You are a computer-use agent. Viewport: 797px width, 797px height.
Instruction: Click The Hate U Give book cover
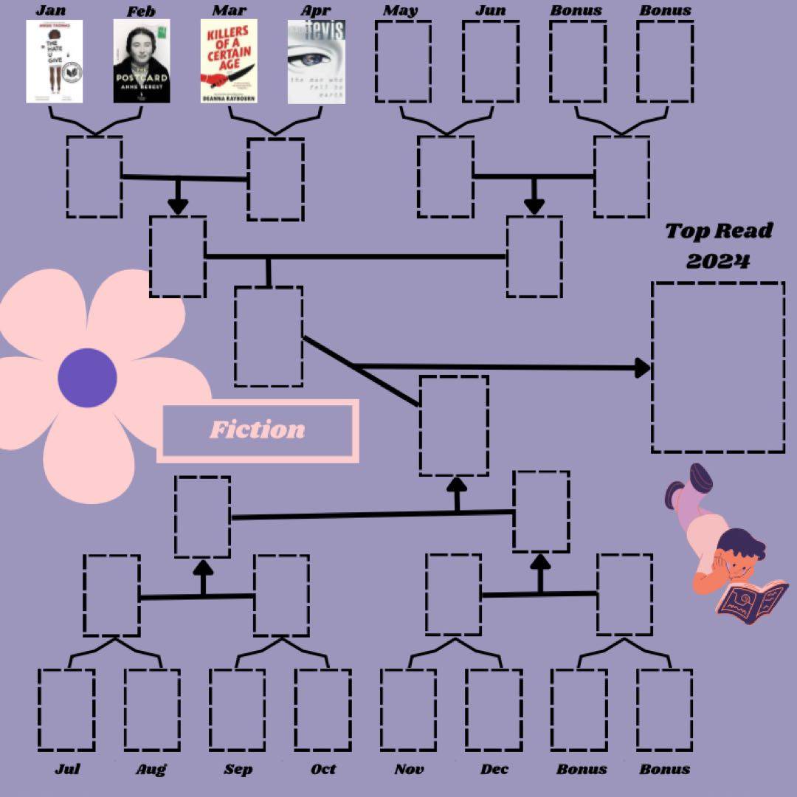tap(54, 61)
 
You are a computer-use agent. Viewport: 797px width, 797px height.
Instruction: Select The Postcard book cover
tap(142, 61)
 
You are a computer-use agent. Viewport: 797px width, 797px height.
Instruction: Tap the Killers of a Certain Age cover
tap(229, 61)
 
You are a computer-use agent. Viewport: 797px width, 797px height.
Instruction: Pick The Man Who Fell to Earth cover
tap(316, 61)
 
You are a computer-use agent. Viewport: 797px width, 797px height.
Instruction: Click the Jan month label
tap(50, 10)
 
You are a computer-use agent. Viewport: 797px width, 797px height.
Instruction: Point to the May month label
tap(400, 10)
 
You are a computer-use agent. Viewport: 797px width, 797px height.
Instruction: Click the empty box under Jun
tap(490, 61)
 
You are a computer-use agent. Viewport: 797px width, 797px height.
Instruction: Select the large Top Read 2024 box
tap(717, 367)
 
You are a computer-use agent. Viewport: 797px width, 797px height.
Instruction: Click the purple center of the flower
tap(87, 377)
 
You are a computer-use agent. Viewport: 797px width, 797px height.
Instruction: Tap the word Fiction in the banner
tap(257, 429)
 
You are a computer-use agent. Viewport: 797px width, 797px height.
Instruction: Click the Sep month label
tap(238, 769)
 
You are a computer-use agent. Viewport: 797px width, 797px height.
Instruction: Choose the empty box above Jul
tap(66, 709)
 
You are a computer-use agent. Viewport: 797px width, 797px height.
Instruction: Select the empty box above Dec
tap(494, 709)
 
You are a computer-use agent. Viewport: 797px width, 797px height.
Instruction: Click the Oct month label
tap(323, 769)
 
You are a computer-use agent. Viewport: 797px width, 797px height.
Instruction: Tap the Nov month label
tap(409, 769)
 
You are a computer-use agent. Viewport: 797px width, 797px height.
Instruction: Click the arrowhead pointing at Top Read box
tap(643, 367)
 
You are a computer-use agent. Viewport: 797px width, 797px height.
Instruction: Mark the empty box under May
tap(403, 61)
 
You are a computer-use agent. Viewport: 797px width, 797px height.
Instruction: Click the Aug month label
tap(151, 769)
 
